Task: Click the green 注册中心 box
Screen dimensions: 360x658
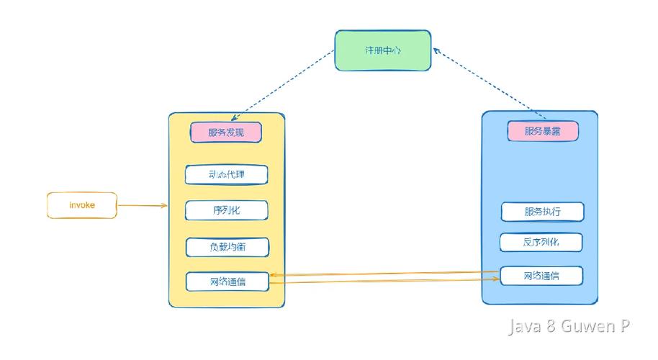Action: coord(382,50)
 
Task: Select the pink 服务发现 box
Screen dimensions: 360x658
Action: coord(225,132)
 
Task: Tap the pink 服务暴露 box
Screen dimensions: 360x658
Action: coord(542,131)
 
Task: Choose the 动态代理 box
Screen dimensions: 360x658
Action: coord(226,175)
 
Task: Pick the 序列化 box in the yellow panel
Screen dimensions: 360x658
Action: coord(226,210)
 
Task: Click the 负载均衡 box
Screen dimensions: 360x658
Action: coord(226,247)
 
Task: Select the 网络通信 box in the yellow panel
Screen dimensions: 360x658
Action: coord(226,282)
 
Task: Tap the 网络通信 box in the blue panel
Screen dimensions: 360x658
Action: coord(541,276)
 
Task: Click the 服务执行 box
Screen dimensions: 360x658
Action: coord(541,212)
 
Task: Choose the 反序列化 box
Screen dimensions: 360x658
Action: coord(541,242)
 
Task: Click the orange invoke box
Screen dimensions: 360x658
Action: coord(81,205)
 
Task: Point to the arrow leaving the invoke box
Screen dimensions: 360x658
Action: coord(142,206)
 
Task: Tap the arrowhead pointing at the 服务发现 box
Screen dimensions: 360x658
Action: coord(235,118)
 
